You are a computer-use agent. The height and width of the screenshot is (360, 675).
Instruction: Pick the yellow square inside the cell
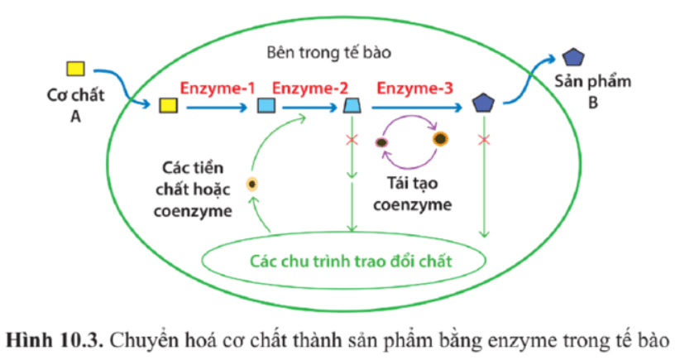[169, 105]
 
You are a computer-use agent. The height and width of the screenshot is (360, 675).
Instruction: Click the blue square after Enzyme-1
[267, 105]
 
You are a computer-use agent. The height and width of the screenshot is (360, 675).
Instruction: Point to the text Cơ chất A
[74, 105]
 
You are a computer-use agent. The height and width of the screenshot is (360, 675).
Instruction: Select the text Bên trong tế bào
[328, 52]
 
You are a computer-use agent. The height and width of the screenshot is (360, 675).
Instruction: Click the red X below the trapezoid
[352, 141]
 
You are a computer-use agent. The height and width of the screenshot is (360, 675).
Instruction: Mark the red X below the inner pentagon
[483, 141]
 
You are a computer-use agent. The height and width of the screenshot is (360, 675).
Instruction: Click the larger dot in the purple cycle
[441, 139]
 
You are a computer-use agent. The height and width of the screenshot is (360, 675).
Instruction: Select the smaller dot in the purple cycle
[382, 142]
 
